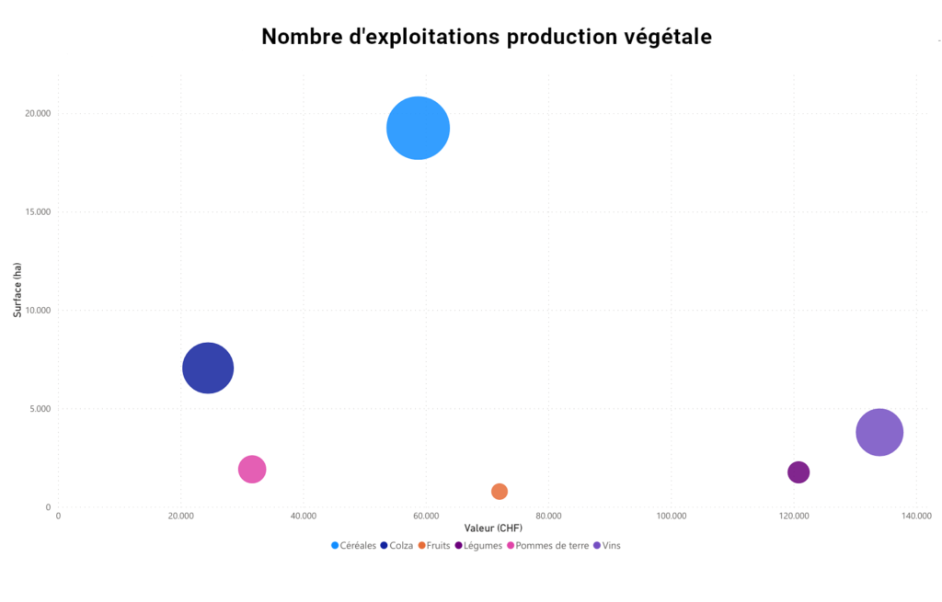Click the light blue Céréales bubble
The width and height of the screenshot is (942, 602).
(x=418, y=129)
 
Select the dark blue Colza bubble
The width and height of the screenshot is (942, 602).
(x=208, y=369)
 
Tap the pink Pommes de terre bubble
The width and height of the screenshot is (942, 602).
(x=252, y=470)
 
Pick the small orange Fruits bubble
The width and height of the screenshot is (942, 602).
(x=500, y=492)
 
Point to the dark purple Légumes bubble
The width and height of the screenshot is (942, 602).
(x=798, y=472)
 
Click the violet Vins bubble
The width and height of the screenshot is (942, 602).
(x=879, y=432)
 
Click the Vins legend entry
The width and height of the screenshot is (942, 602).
(x=611, y=546)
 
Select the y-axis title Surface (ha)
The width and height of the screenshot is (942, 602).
(x=17, y=290)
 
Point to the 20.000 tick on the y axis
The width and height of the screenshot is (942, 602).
(x=38, y=114)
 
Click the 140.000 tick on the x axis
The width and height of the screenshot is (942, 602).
(x=916, y=516)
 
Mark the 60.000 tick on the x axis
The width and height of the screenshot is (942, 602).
(x=426, y=516)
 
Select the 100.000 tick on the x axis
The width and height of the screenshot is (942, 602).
(x=672, y=516)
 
